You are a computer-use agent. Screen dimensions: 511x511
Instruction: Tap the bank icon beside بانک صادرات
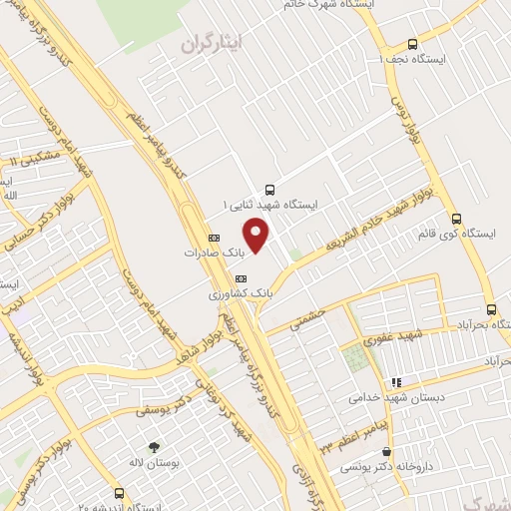(215, 238)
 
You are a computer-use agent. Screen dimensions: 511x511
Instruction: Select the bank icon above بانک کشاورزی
(240, 277)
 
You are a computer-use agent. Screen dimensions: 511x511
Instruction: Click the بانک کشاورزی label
(240, 294)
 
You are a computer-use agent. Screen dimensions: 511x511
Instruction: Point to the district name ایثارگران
(214, 44)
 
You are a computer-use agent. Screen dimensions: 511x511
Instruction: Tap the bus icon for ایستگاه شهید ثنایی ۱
(268, 189)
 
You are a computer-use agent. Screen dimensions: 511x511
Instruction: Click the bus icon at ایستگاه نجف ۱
(412, 44)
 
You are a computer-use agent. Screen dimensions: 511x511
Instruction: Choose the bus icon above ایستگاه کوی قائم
(456, 219)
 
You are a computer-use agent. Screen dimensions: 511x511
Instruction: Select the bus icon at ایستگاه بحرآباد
(490, 309)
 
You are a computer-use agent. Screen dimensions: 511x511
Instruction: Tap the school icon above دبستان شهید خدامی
(396, 381)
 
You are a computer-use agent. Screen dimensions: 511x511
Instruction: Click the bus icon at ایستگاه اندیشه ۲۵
(120, 493)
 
